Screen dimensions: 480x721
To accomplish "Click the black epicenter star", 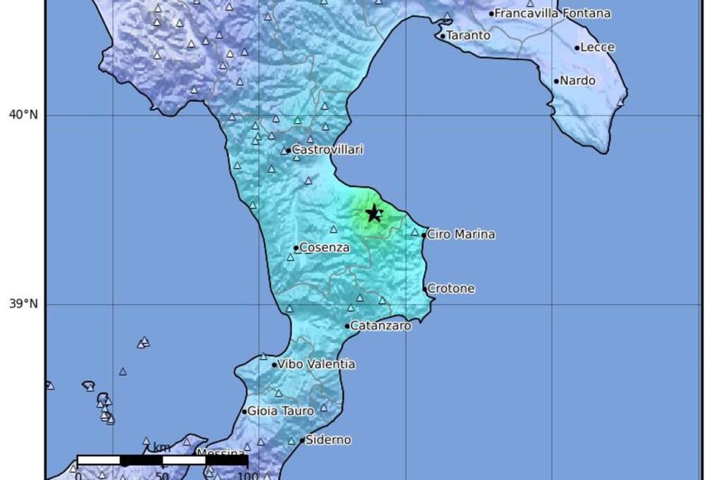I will click(374, 213).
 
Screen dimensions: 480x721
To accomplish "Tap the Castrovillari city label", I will click(327, 150).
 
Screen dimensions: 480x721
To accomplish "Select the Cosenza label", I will click(325, 248).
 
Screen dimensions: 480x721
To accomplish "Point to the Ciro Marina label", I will click(461, 234).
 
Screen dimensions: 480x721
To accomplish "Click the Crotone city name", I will click(451, 289).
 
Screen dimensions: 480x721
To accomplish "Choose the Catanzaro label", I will click(381, 326).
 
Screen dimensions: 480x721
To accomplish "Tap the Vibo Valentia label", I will click(316, 365).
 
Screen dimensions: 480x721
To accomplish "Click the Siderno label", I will click(328, 440).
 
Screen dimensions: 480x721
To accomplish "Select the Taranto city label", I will click(469, 34).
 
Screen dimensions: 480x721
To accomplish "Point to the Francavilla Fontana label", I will click(553, 13).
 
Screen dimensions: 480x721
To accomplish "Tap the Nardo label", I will click(578, 81).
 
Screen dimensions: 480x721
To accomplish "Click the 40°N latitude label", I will click(23, 115).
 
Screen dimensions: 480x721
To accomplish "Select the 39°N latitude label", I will click(23, 304).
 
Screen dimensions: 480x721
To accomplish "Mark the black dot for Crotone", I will click(425, 289).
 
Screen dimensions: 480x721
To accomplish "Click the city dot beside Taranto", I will click(442, 36).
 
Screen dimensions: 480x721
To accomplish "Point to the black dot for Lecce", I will click(577, 49).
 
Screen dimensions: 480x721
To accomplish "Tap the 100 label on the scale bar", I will click(247, 475).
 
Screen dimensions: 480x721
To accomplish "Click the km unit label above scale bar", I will click(162, 448).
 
